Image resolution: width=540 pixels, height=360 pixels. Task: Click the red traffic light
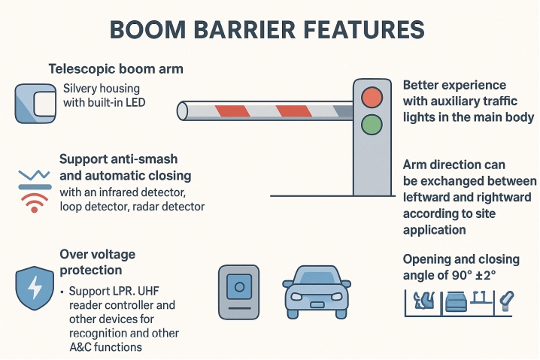372,97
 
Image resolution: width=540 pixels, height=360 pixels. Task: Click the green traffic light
372,125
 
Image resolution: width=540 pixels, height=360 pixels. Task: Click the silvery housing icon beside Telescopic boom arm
35,104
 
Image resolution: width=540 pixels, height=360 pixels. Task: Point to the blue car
317,289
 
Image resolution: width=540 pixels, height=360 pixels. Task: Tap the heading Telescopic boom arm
116,69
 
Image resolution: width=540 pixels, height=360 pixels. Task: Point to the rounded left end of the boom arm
182,111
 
